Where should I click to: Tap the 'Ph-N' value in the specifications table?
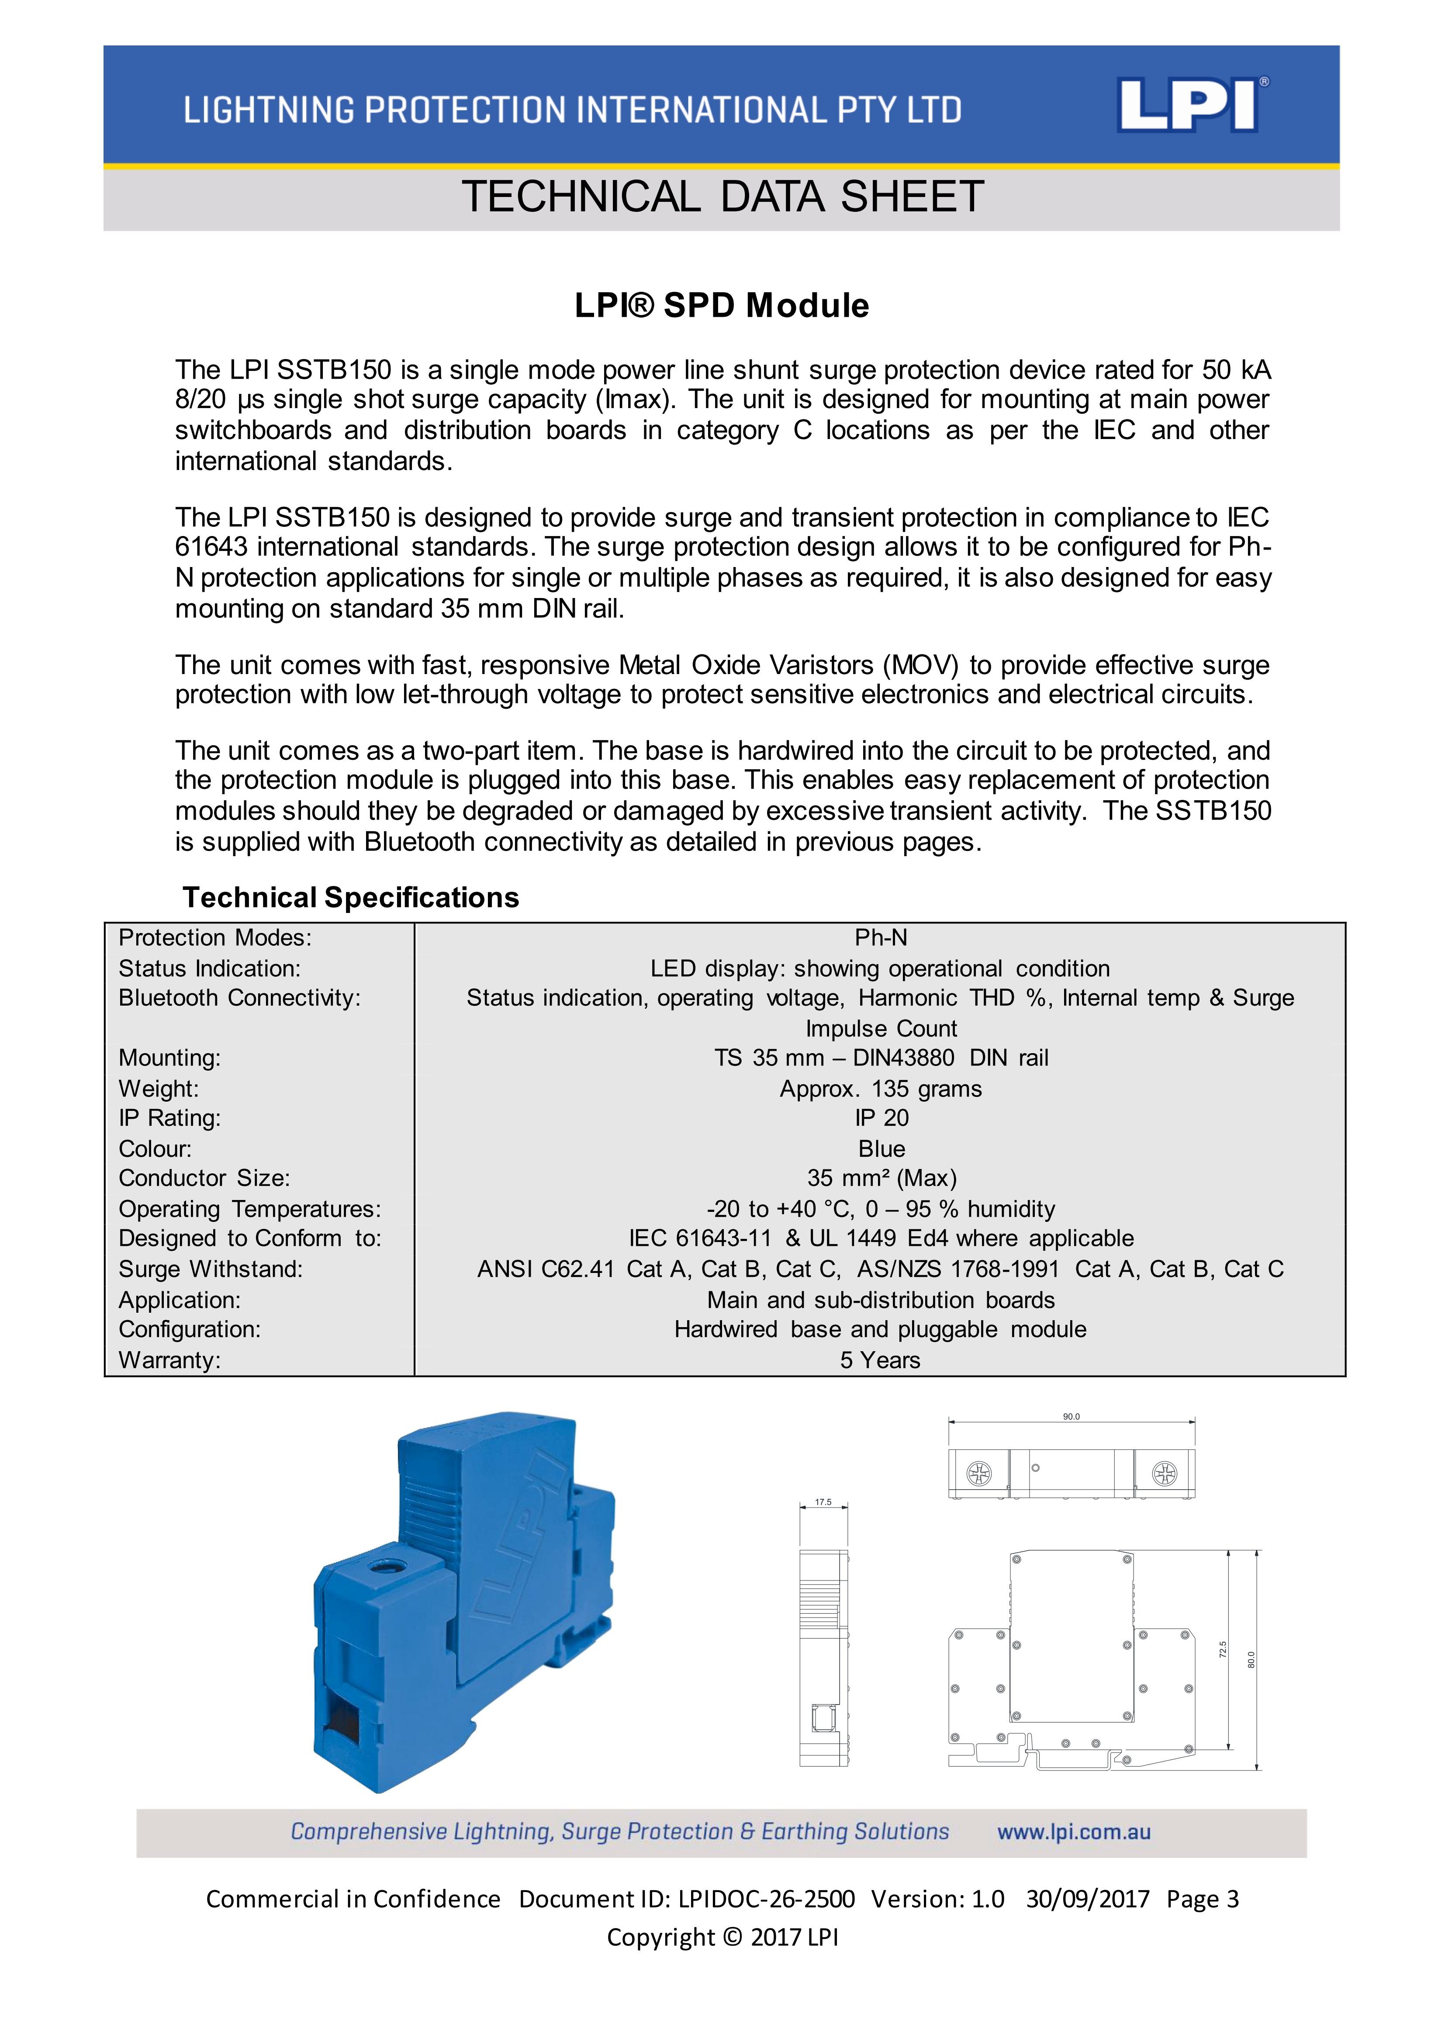(881, 937)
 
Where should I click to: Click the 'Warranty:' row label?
(169, 1360)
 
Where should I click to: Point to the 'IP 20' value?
(881, 1118)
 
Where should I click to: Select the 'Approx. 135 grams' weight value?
(881, 1089)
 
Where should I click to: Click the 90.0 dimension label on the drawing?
(1071, 1416)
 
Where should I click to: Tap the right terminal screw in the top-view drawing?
(1164, 1474)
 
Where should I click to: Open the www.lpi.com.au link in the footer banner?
(1074, 1832)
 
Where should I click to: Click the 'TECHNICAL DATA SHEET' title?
(722, 197)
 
